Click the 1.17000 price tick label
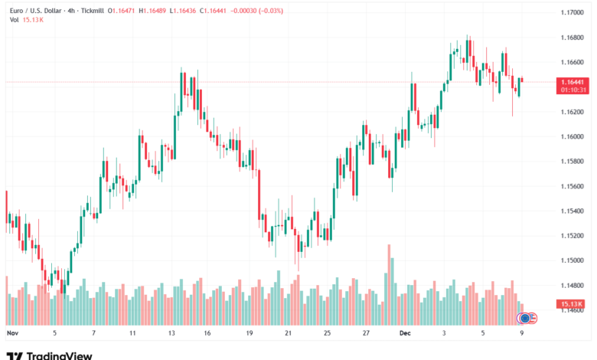click(x=570, y=12)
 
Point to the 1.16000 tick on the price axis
click(x=570, y=136)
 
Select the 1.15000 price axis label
click(x=570, y=260)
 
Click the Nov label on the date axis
click(x=11, y=334)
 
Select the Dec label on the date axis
click(x=405, y=334)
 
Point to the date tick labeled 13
click(x=172, y=334)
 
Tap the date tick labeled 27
click(x=366, y=334)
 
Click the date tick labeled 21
click(x=288, y=334)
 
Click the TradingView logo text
click(x=60, y=355)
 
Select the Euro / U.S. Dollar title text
click(x=36, y=11)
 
